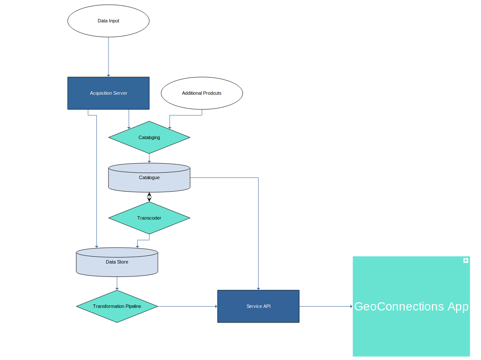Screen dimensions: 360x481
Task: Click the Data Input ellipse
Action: pyautogui.click(x=108, y=21)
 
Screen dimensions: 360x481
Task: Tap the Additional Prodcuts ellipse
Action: pyautogui.click(x=201, y=93)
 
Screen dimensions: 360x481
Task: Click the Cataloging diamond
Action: pyautogui.click(x=149, y=137)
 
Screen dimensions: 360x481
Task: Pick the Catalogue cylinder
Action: pyautogui.click(x=149, y=177)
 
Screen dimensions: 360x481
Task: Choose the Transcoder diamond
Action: pyautogui.click(x=149, y=218)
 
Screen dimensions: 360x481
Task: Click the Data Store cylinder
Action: pyautogui.click(x=117, y=262)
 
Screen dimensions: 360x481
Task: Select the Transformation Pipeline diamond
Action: pyautogui.click(x=117, y=306)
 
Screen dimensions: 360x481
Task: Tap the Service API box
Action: pyautogui.click(x=258, y=306)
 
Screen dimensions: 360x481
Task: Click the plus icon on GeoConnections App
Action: pyautogui.click(x=466, y=261)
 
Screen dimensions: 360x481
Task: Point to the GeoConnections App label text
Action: pyautogui.click(x=411, y=306)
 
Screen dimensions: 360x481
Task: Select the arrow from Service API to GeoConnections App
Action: pyautogui.click(x=326, y=306)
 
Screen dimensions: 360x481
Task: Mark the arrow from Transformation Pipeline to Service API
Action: pyautogui.click(x=188, y=306)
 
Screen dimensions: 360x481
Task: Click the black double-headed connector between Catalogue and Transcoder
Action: pyautogui.click(x=149, y=197)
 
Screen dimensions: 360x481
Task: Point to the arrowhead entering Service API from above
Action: pyautogui.click(x=258, y=288)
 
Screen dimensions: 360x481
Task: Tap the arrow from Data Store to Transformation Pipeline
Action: pyautogui.click(x=117, y=283)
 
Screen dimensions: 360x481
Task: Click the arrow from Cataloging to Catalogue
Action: pyautogui.click(x=149, y=158)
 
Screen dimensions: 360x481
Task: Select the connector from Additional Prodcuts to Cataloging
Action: pyautogui.click(x=185, y=115)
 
